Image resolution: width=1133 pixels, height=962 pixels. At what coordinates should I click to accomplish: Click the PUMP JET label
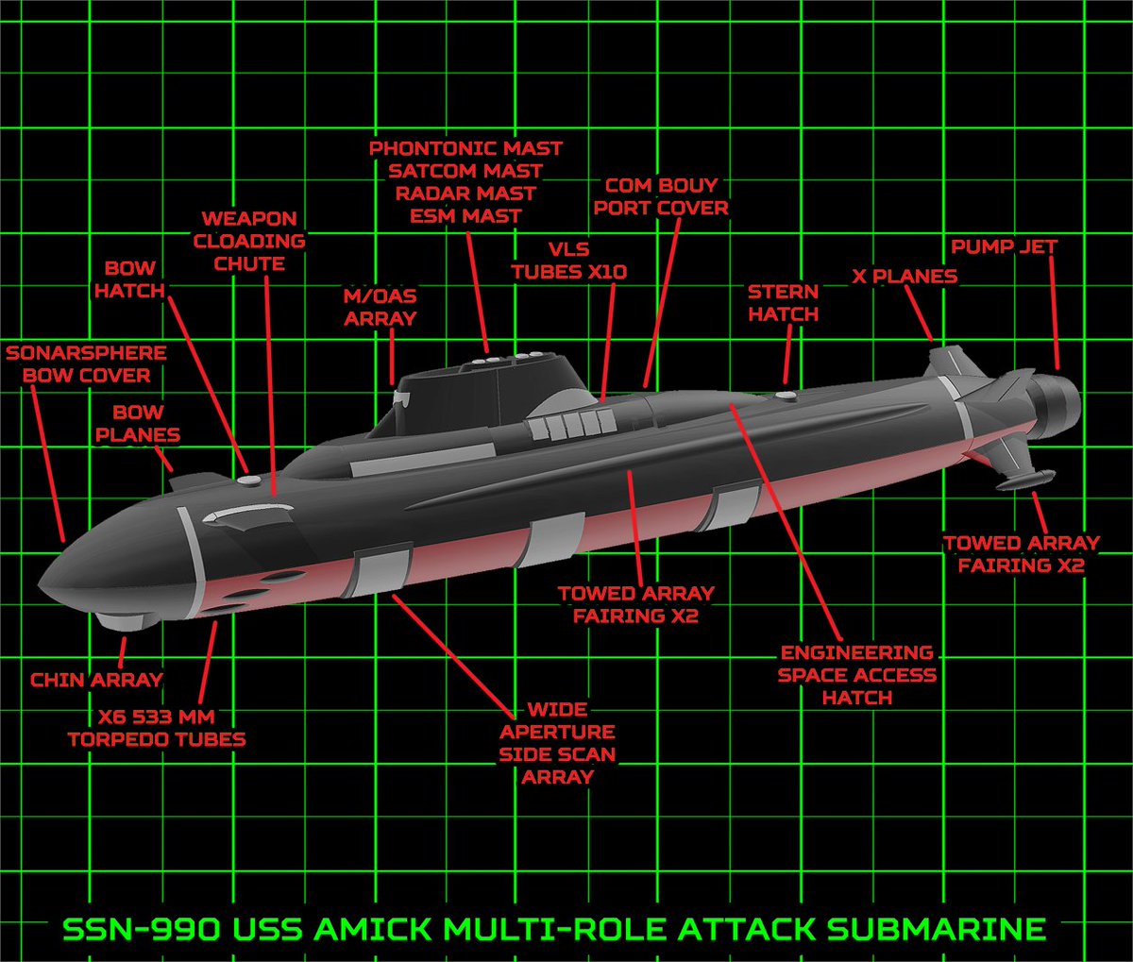point(1004,247)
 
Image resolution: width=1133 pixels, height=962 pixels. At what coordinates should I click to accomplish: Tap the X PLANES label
point(904,277)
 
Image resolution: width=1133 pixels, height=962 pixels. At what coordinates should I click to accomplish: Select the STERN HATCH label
point(783,303)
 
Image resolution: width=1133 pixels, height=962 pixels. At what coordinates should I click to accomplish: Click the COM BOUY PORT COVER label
point(661,196)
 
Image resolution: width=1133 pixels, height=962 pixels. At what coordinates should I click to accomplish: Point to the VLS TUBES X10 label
point(568,261)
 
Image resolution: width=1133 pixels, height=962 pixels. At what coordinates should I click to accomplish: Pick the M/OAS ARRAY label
point(380,308)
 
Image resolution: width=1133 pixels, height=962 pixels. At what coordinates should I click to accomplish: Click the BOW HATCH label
point(129,279)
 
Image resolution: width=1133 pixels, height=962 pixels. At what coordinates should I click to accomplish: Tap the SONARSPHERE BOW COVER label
point(86,364)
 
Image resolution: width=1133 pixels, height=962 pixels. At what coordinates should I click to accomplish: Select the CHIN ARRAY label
point(96,680)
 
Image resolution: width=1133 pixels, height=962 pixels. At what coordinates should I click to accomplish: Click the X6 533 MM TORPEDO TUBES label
point(157,728)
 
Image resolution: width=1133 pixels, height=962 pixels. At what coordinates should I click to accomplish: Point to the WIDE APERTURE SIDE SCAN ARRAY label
point(557,743)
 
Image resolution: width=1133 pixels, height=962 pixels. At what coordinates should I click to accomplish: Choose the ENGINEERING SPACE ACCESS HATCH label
point(856,675)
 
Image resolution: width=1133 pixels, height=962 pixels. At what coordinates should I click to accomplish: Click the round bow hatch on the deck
point(248,481)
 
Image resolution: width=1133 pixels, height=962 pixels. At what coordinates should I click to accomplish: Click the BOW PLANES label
point(138,424)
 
